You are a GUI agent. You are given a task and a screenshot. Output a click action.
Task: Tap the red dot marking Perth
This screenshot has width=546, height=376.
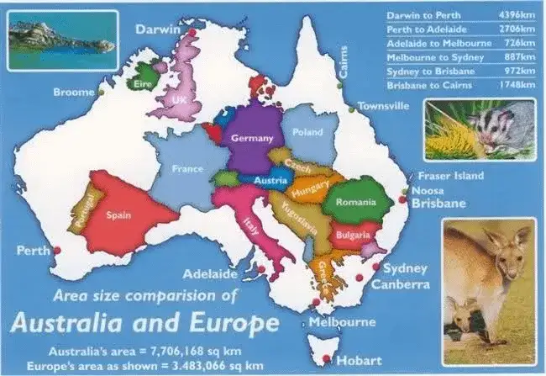click(58, 249)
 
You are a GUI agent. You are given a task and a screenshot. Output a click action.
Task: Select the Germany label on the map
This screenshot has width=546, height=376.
click(252, 138)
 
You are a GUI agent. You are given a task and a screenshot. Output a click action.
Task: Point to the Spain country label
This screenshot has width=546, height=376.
click(118, 215)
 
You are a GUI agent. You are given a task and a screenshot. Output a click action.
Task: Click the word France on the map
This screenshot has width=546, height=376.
click(187, 168)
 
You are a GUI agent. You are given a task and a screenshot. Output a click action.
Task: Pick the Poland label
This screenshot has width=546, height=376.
click(308, 133)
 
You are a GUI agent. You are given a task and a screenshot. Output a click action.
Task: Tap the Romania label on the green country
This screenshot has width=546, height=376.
click(355, 203)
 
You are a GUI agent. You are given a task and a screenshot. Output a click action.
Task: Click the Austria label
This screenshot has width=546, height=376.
click(270, 180)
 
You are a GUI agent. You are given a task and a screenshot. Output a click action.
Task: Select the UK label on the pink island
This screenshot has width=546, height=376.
click(178, 100)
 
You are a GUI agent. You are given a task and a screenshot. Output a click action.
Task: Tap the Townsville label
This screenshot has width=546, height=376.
click(384, 107)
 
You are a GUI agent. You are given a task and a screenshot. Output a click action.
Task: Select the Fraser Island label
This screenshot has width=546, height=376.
click(452, 176)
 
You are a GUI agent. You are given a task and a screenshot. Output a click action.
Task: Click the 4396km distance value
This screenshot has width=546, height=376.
click(517, 15)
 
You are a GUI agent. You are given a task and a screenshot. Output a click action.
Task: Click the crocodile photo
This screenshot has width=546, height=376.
click(51, 39)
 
